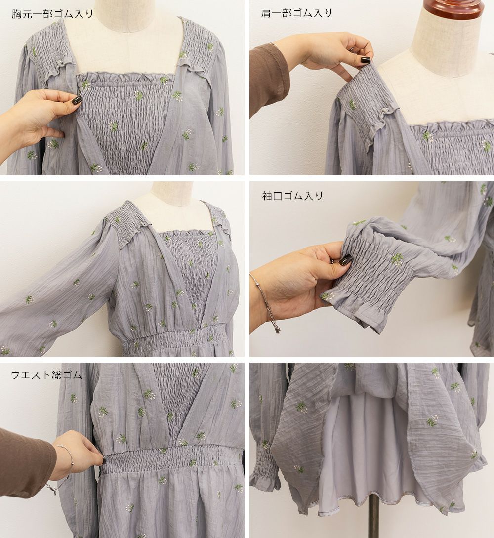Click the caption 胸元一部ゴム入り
[52, 14]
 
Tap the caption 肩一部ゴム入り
[297, 13]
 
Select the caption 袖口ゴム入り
[292, 196]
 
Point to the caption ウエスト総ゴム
[46, 374]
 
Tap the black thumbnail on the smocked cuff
[345, 260]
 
